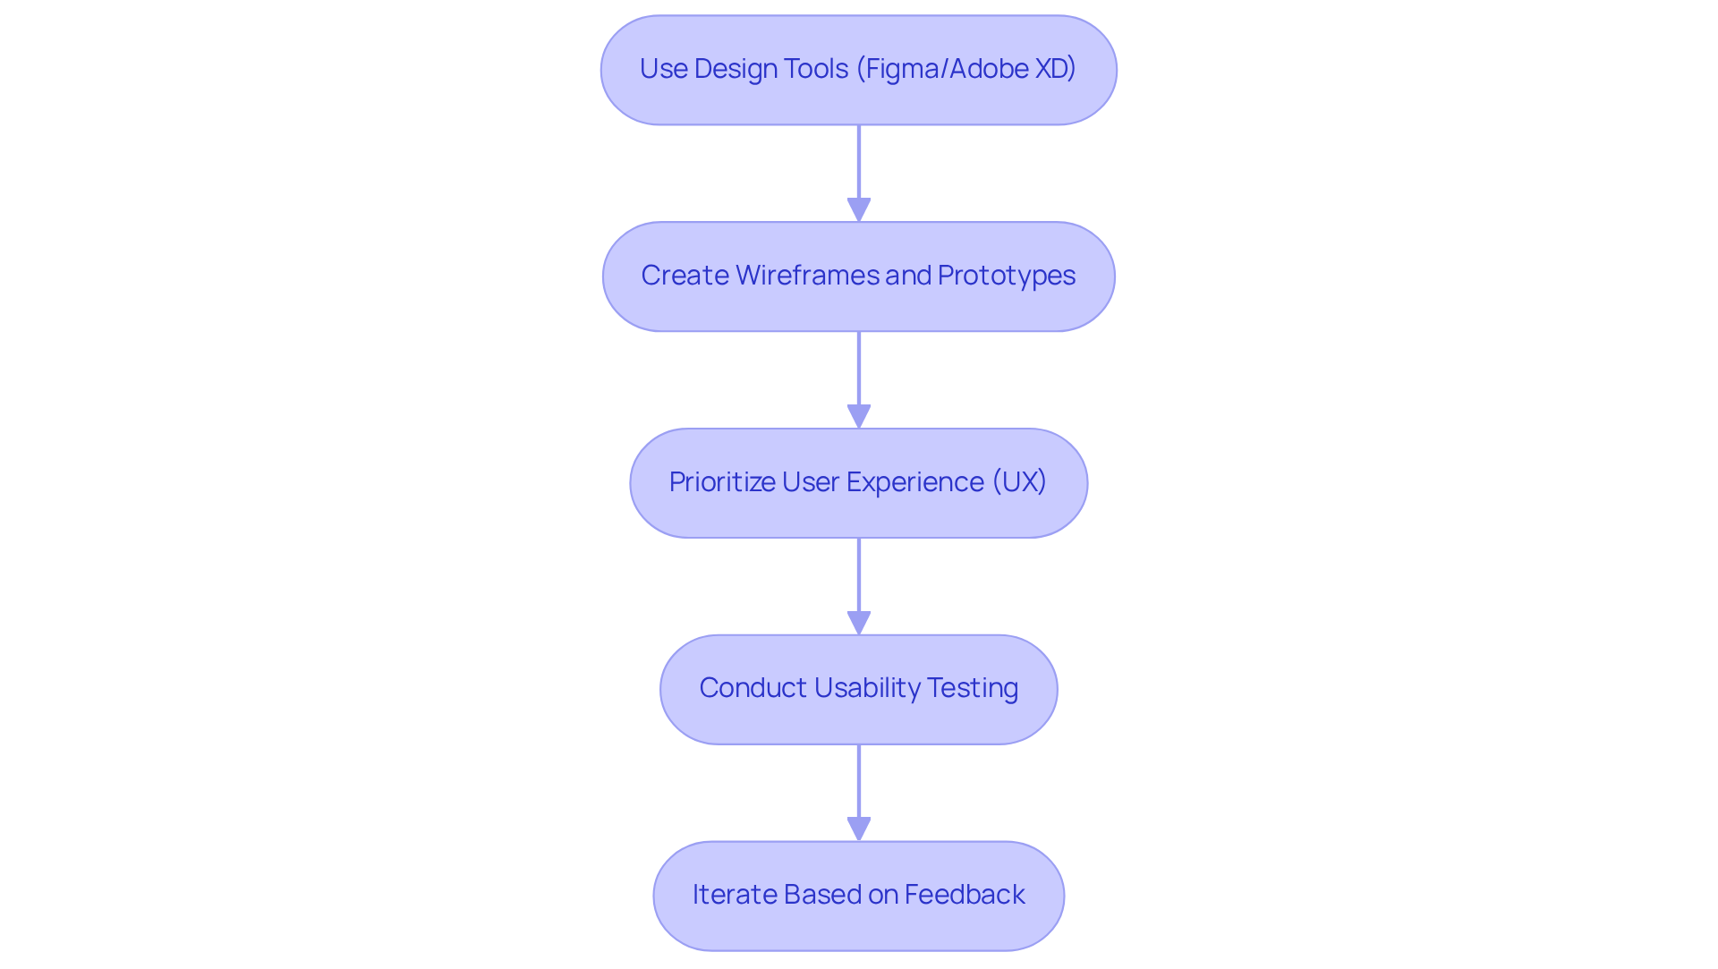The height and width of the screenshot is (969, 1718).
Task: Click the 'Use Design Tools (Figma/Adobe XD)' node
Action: pyautogui.click(x=859, y=70)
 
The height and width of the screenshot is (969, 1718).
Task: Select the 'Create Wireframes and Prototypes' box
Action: pyautogui.click(x=859, y=276)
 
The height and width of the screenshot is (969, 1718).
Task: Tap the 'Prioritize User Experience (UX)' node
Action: pyautogui.click(x=859, y=483)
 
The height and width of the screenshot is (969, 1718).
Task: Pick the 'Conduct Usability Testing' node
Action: pyautogui.click(x=859, y=689)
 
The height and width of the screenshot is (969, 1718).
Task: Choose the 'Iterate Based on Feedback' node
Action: pyautogui.click(x=859, y=896)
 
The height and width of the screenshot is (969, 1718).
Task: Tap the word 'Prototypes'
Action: pyautogui.click(x=1006, y=276)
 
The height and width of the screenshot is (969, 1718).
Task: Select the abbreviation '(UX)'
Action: pyautogui.click(x=1019, y=482)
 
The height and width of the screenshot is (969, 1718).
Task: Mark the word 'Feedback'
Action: pyautogui.click(x=965, y=895)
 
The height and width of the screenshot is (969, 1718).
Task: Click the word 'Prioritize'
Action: pyautogui.click(x=722, y=482)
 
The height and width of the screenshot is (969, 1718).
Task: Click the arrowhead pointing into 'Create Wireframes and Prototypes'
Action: pyautogui.click(x=859, y=209)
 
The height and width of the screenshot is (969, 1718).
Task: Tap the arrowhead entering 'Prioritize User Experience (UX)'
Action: pyautogui.click(x=859, y=416)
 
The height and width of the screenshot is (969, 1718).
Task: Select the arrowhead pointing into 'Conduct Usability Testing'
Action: pyautogui.click(x=859, y=623)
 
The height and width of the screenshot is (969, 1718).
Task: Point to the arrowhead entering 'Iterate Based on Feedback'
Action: pyautogui.click(x=859, y=829)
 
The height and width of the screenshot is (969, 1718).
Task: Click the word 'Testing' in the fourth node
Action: pyautogui.click(x=973, y=688)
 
